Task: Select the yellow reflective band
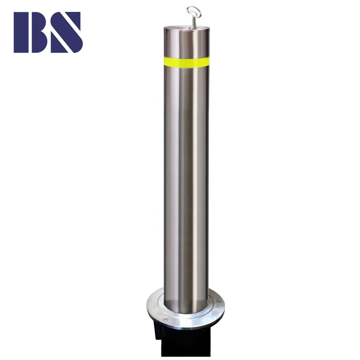pos(186,61)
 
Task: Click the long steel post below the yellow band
pos(186,180)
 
